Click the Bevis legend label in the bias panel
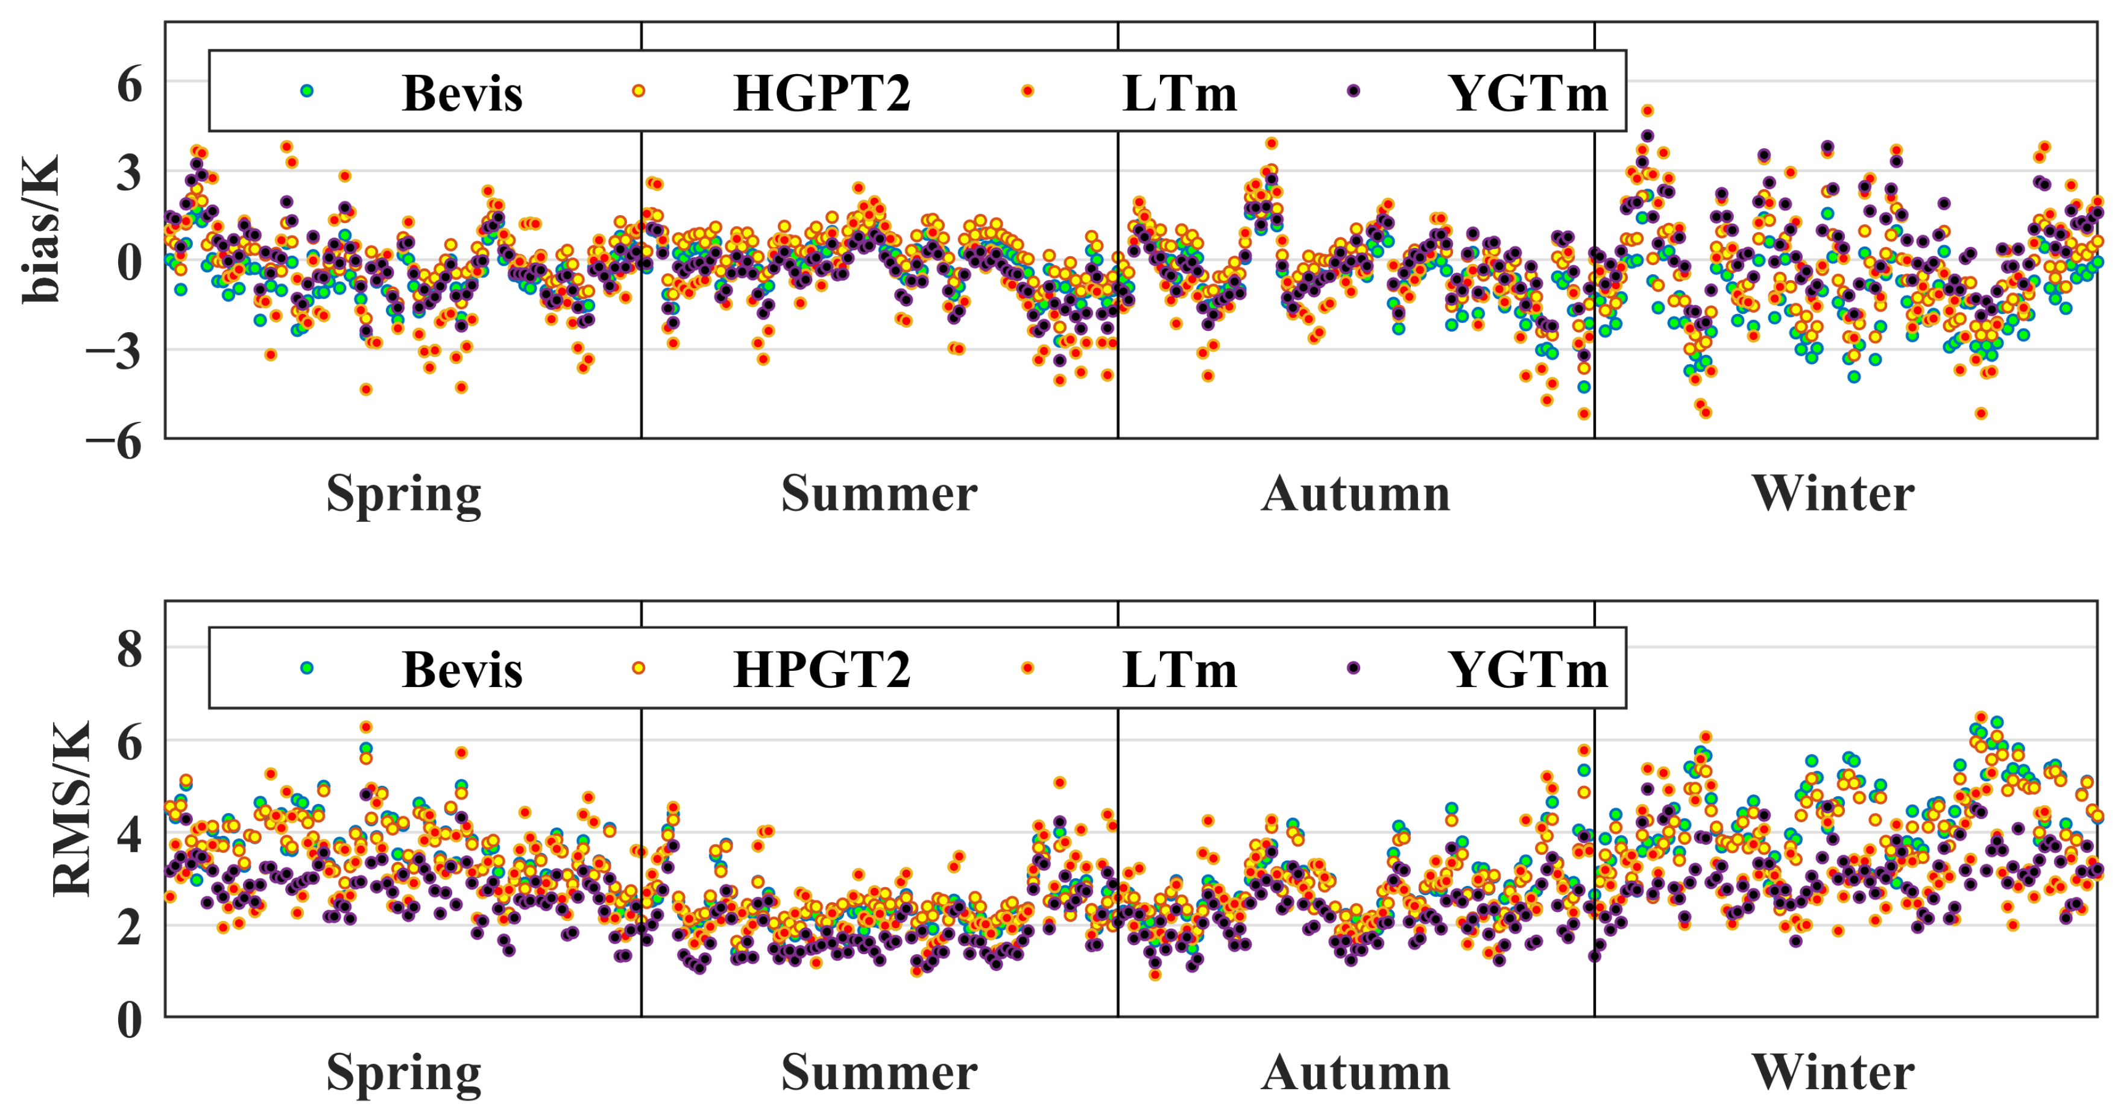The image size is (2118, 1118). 462,93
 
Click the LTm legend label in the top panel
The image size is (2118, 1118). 1179,93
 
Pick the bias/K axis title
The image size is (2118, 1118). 41,228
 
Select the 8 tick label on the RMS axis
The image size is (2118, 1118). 129,650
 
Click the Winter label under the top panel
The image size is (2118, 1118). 1833,494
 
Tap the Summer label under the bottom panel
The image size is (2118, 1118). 879,1073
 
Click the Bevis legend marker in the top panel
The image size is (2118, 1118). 307,90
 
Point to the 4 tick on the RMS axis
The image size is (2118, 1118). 129,834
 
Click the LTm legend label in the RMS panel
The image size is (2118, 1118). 1179,670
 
